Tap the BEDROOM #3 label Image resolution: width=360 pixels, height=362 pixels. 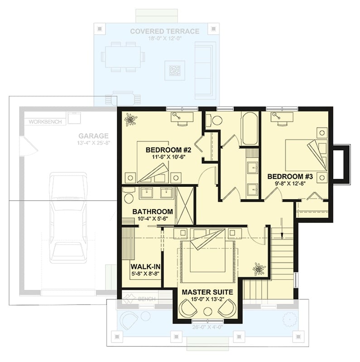tap(286, 176)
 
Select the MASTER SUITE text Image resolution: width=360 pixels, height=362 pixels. tap(207, 292)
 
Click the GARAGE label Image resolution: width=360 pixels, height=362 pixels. tap(93, 135)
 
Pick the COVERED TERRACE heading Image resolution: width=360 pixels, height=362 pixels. tap(164, 31)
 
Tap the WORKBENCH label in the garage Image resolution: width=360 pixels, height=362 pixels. tap(45, 122)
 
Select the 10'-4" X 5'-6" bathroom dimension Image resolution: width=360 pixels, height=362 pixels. tap(153, 219)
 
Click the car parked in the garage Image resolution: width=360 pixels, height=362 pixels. tap(68, 217)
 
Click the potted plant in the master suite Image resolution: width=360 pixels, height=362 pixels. tap(259, 269)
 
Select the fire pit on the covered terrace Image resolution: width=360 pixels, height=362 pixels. tap(174, 70)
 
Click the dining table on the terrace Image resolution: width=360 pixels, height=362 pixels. tap(123, 57)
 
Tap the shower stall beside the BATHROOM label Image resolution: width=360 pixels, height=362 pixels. tap(185, 205)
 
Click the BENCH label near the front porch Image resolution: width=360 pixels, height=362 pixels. tap(147, 299)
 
